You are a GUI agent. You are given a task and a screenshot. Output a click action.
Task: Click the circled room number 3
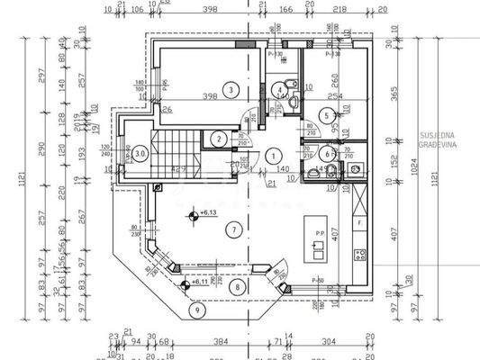pyautogui.click(x=231, y=89)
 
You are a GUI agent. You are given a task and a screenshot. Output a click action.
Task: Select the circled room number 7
pyautogui.click(x=234, y=229)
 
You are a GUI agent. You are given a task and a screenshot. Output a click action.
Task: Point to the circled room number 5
pyautogui.click(x=328, y=114)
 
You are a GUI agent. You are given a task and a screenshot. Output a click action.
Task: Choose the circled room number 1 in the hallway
pyautogui.click(x=272, y=155)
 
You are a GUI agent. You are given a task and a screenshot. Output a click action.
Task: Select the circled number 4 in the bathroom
pyautogui.click(x=283, y=88)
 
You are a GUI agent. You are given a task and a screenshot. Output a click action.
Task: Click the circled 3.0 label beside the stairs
pyautogui.click(x=140, y=154)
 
